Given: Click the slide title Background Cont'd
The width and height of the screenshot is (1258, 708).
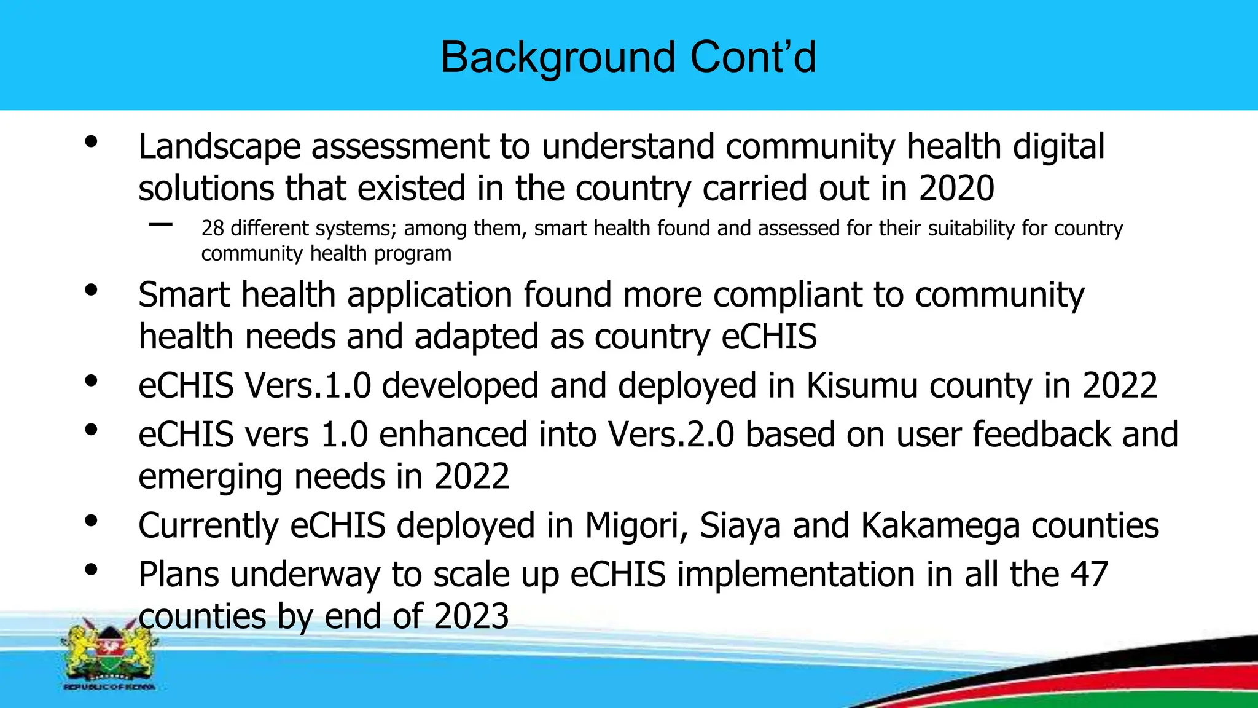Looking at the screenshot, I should click(628, 57).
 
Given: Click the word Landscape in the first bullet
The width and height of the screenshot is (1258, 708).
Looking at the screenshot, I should click(219, 147).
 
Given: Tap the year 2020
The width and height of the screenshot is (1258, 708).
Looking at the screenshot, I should click(956, 188).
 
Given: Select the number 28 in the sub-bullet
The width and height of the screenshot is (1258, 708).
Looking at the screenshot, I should click(213, 229).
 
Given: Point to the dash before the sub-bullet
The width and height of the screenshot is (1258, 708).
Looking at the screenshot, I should click(160, 225).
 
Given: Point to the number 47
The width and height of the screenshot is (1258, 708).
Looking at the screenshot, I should click(1089, 575).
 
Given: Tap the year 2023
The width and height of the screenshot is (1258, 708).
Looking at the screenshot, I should click(471, 616).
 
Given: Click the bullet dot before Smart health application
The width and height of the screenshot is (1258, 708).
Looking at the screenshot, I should click(91, 290).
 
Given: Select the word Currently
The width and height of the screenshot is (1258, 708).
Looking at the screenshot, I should click(208, 526).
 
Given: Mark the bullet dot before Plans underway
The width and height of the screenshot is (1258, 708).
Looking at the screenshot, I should click(91, 570).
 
